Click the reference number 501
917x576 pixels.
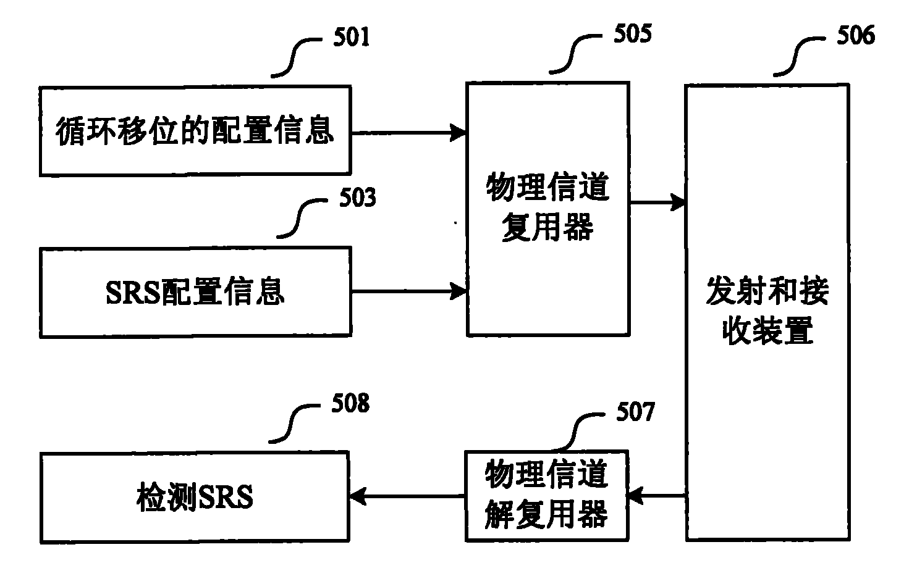pyautogui.click(x=352, y=38)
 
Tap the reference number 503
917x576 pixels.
pyautogui.click(x=358, y=198)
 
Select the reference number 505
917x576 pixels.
pyautogui.click(x=632, y=34)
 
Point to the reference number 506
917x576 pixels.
pyautogui.click(x=856, y=35)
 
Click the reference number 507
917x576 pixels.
pyautogui.click(x=635, y=412)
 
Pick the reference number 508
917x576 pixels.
pyautogui.click(x=350, y=404)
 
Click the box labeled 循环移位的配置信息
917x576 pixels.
pyautogui.click(x=195, y=131)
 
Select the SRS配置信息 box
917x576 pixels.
pyautogui.click(x=195, y=292)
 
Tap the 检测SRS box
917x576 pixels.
pyautogui.click(x=195, y=497)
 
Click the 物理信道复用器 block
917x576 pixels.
pyautogui.click(x=547, y=209)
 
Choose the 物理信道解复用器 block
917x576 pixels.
pyautogui.click(x=547, y=496)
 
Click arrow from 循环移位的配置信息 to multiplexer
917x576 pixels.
pyautogui.click(x=408, y=131)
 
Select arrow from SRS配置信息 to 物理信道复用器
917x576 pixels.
pyautogui.click(x=408, y=291)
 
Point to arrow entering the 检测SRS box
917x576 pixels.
pyautogui.click(x=407, y=496)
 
